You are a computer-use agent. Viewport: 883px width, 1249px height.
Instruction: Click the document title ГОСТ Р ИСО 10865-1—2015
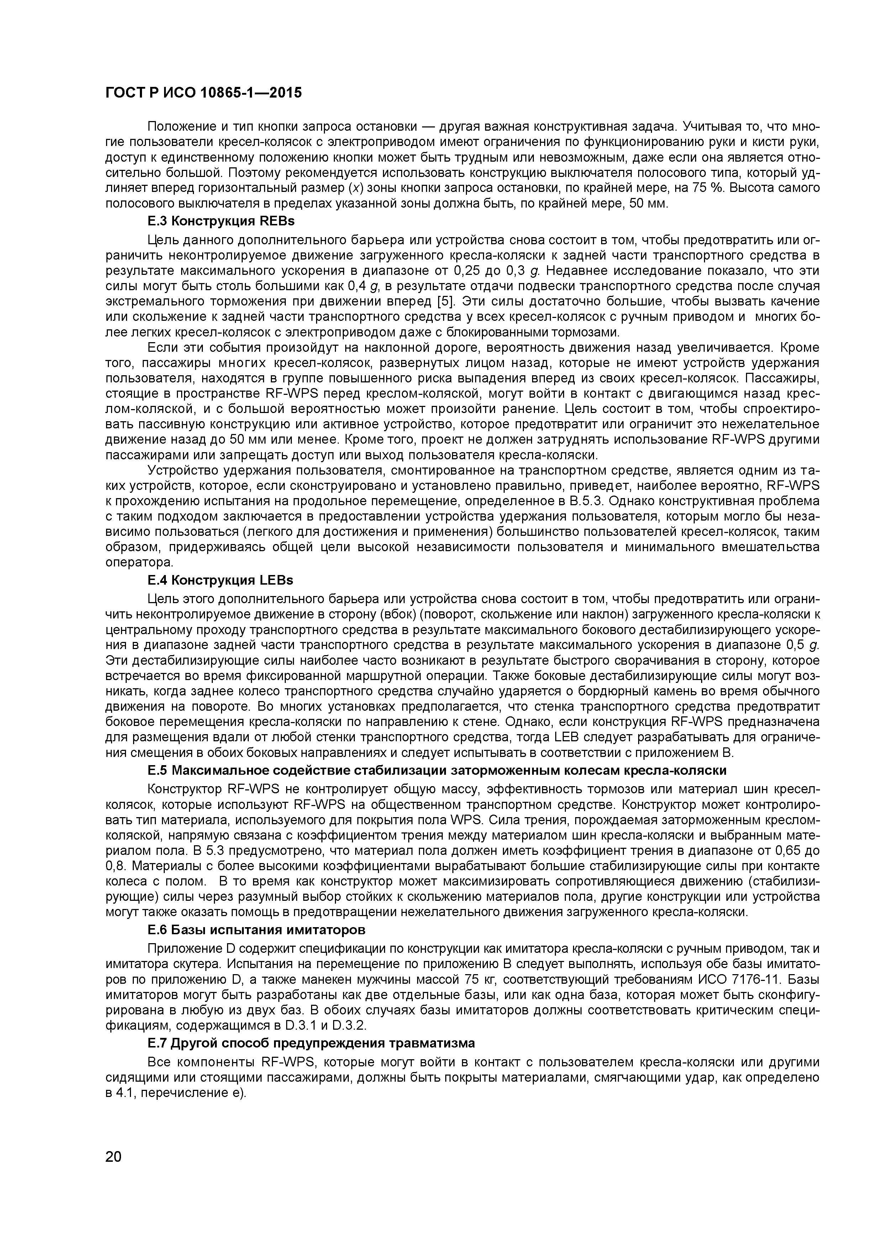click(203, 93)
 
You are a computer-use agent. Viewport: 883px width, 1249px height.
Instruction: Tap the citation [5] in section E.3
click(445, 301)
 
